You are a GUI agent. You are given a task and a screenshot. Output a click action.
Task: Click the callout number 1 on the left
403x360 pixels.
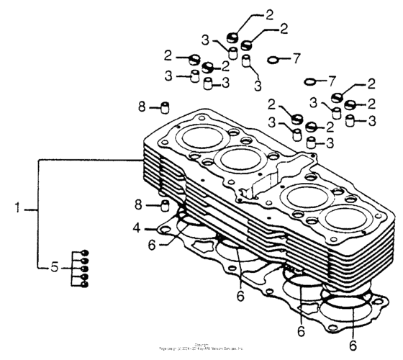(x=17, y=209)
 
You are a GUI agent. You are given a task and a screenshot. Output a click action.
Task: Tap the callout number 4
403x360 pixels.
(x=136, y=228)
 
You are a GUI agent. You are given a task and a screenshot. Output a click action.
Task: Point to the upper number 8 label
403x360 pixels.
(x=142, y=107)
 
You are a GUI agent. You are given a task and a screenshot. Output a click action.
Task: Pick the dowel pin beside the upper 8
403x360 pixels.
(x=163, y=108)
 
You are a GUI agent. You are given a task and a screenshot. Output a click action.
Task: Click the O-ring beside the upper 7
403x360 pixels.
(x=274, y=59)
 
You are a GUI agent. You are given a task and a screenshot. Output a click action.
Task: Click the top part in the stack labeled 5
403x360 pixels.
(x=85, y=252)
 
